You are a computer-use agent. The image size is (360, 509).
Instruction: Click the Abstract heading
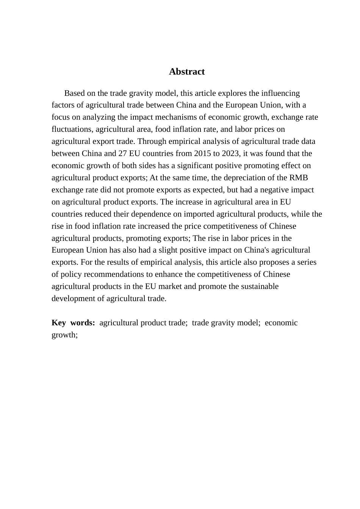(187, 72)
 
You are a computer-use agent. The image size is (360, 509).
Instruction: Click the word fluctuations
(72, 129)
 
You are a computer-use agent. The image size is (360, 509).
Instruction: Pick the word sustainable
(260, 286)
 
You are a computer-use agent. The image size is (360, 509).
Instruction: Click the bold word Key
(59, 323)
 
